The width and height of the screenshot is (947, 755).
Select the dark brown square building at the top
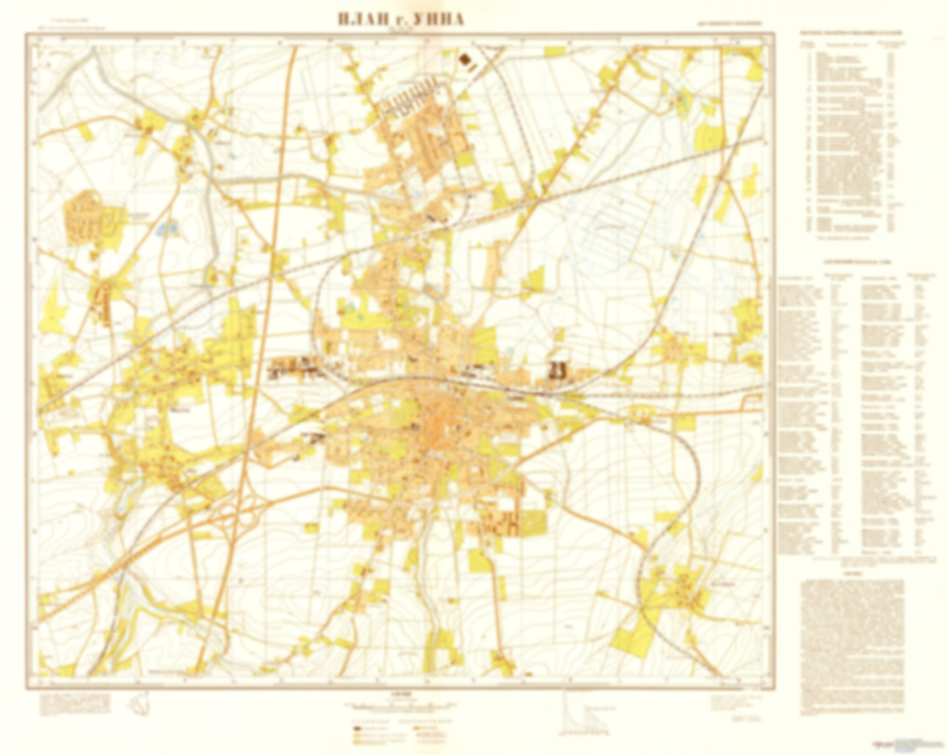(x=466, y=61)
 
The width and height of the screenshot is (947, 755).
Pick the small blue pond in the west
(x=163, y=229)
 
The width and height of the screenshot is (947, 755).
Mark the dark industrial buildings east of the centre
(x=558, y=370)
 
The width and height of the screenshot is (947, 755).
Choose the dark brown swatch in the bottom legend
(x=358, y=728)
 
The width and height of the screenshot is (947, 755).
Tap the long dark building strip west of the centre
(x=295, y=367)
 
